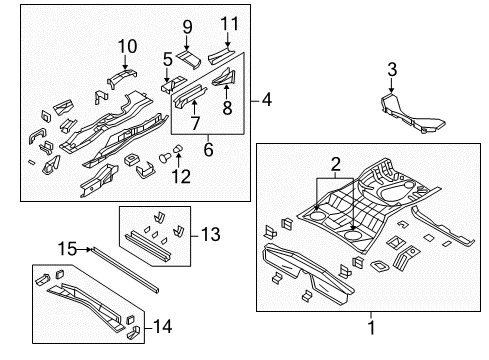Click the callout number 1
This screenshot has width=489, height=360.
(x=373, y=327)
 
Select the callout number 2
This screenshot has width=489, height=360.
(x=337, y=162)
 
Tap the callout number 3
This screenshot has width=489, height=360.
(x=392, y=69)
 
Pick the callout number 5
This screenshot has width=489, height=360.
(x=167, y=59)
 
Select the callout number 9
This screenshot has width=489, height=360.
(x=186, y=25)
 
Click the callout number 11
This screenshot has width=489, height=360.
(x=229, y=23)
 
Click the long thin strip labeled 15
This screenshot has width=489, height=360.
(x=125, y=268)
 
